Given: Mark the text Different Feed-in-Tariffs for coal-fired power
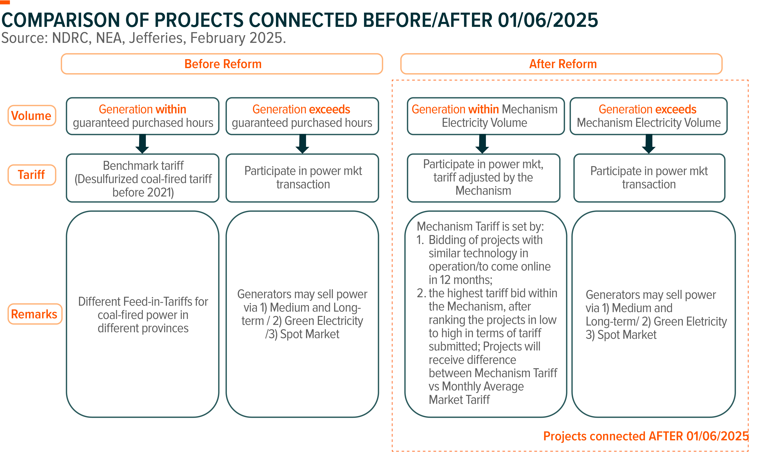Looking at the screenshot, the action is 143,308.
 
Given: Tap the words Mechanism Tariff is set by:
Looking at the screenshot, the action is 480,226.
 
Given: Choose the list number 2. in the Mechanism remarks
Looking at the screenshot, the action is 422,293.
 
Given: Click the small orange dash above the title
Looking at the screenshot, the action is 5,2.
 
